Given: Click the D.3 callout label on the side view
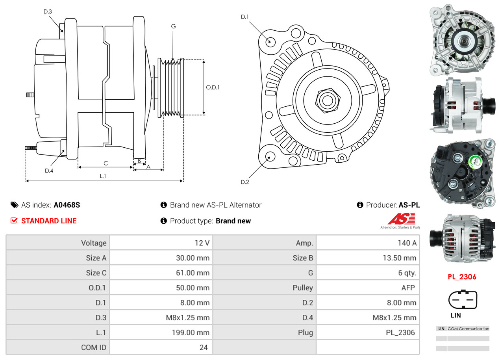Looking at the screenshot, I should pyautogui.click(x=48, y=11).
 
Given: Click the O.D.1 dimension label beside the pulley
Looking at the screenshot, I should pyautogui.click(x=213, y=87).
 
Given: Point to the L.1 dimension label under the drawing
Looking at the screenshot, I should pyautogui.click(x=103, y=176).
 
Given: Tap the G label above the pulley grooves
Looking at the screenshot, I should pyautogui.click(x=173, y=26).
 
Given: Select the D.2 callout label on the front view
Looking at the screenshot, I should pyautogui.click(x=245, y=182).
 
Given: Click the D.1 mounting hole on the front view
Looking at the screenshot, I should pyautogui.click(x=270, y=41).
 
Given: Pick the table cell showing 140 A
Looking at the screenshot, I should pyautogui.click(x=407, y=243).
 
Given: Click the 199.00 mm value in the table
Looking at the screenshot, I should pyautogui.click(x=191, y=332).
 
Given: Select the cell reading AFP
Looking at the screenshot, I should pyautogui.click(x=408, y=288).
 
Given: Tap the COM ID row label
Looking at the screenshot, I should pyautogui.click(x=94, y=347).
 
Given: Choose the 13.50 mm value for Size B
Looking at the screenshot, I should pyautogui.click(x=400, y=258).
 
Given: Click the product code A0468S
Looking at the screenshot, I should pyautogui.click(x=67, y=205).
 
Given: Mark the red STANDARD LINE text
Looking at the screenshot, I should pyautogui.click(x=49, y=221).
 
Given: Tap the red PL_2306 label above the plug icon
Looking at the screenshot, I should pyautogui.click(x=462, y=277).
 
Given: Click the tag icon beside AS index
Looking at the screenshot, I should pyautogui.click(x=14, y=205).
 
